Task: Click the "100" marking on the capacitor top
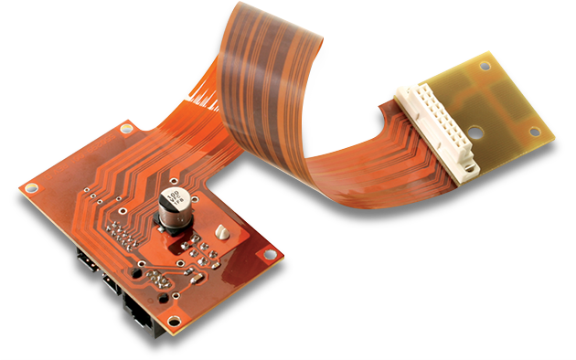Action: (x=170, y=198)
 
